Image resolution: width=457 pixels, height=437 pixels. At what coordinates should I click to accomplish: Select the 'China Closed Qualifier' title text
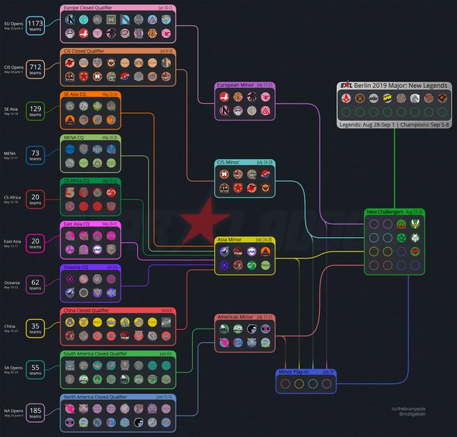(89, 311)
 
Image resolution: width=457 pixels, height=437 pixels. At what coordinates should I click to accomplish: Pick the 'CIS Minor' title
(228, 162)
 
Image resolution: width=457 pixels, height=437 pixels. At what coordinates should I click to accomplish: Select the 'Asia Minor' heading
(229, 239)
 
